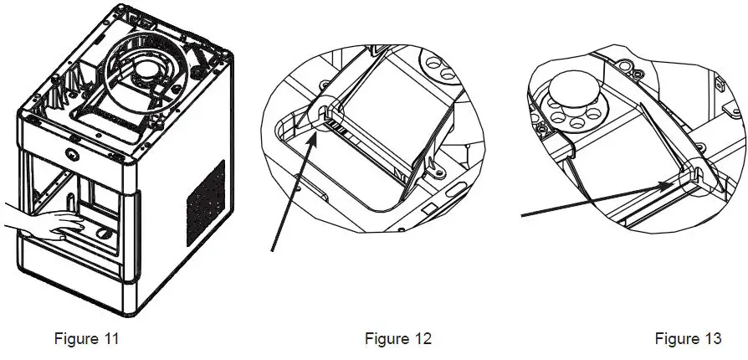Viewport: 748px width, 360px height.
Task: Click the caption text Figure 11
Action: coord(86,339)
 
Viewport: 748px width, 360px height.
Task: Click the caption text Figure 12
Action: coord(398,339)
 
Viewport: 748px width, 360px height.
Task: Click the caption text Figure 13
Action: coord(688,339)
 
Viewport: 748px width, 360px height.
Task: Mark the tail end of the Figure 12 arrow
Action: coord(272,249)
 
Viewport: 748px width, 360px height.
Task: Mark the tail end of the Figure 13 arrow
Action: coord(523,217)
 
